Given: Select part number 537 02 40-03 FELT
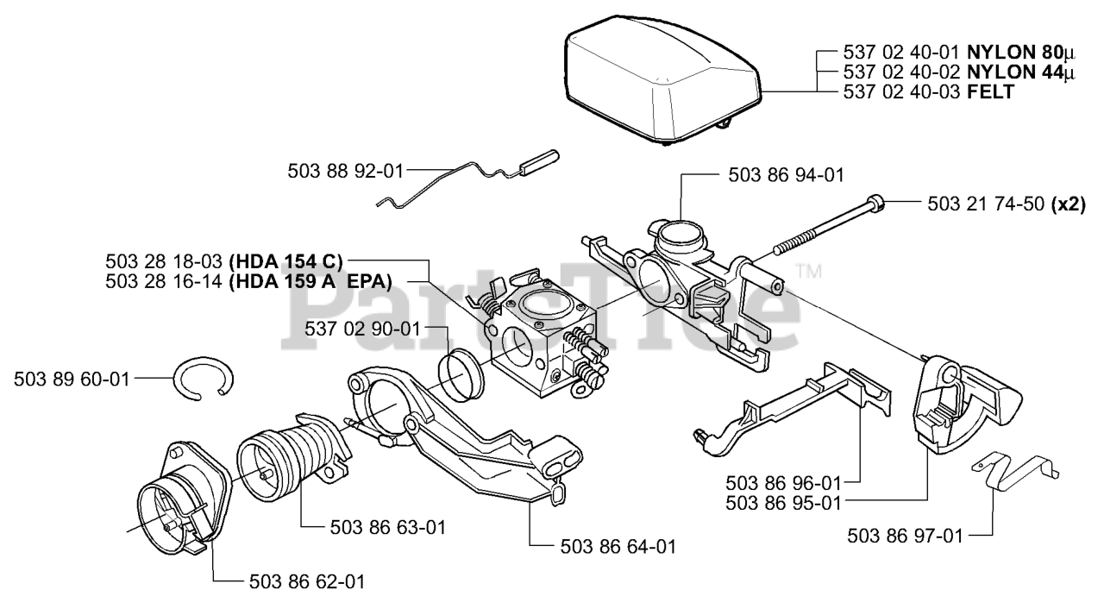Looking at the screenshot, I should click(927, 91).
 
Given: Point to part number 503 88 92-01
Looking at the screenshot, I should click(345, 172).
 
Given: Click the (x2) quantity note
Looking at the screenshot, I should click(1069, 204).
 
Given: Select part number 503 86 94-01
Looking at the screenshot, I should click(786, 175).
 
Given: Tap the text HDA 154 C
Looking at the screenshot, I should click(286, 260).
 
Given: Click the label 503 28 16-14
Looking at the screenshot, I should click(165, 280).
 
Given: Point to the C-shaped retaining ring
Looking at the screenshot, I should click(204, 379).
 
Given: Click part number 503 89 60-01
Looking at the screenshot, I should click(72, 379).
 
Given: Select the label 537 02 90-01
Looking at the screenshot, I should click(362, 329).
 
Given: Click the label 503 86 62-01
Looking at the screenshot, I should click(306, 581).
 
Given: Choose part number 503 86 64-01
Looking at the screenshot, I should click(618, 546).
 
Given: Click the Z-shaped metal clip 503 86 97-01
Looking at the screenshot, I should click(1018, 472).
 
